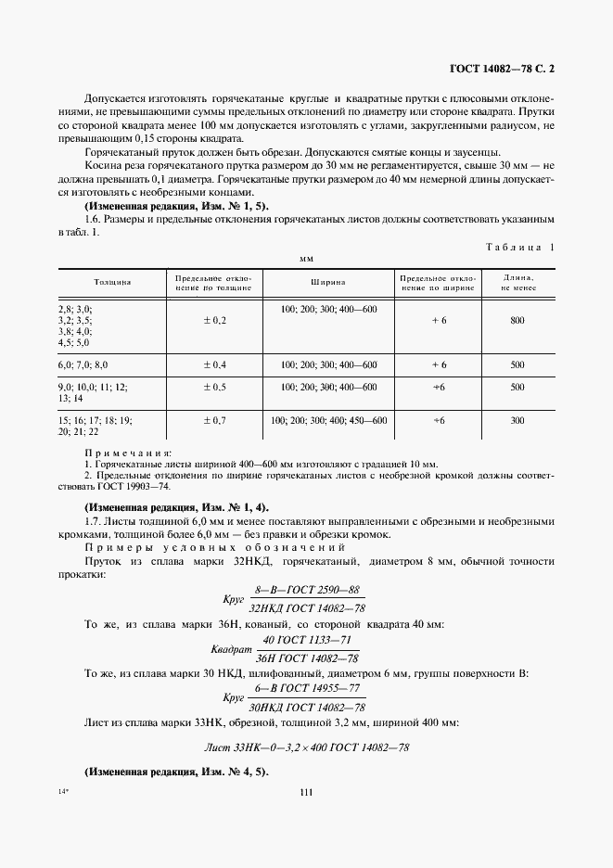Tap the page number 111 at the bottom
306,790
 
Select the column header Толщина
111,282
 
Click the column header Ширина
328,282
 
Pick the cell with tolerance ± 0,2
215,320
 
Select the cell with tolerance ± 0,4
215,364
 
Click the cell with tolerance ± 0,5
215,386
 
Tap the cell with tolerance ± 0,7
215,420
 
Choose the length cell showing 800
517,320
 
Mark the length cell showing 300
517,420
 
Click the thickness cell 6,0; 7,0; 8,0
83,364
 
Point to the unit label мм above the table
305,261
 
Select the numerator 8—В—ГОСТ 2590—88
307,589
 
